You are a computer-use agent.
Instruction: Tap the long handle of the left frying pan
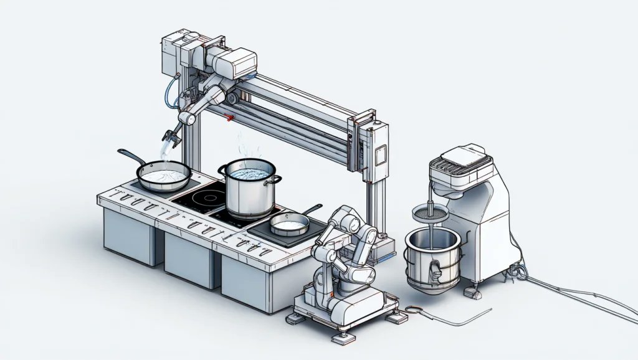(129, 156)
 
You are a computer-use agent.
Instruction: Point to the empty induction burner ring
(206, 199)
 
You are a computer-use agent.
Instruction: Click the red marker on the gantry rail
(231, 116)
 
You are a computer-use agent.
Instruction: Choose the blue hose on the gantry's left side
(168, 93)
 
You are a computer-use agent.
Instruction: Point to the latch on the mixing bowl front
(434, 268)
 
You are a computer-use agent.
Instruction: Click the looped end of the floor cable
(411, 308)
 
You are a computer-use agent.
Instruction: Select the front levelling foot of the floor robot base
(340, 339)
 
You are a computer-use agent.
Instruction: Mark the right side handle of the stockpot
(276, 182)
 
